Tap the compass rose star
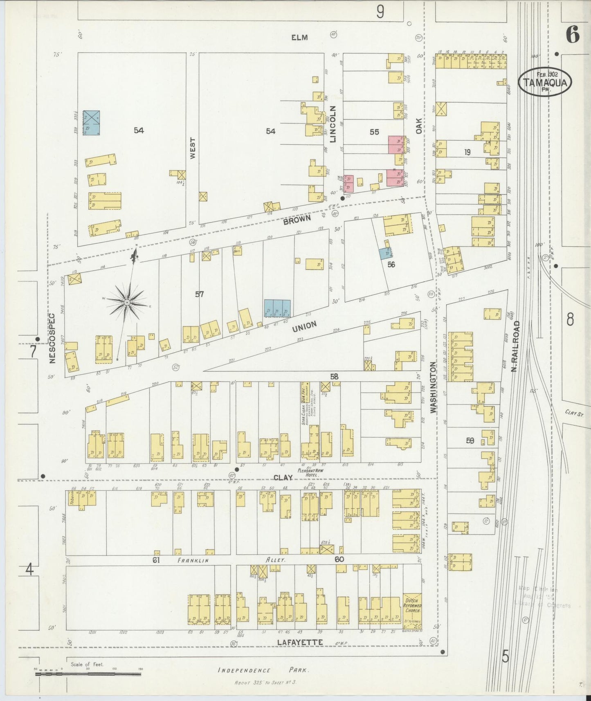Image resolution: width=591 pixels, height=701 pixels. [x=127, y=302]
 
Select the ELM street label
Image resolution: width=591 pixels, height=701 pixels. [x=299, y=38]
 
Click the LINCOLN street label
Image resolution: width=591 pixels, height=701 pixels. [x=333, y=124]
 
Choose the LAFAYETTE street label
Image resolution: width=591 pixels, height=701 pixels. [x=299, y=643]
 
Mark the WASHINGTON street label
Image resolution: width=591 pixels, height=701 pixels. [x=433, y=387]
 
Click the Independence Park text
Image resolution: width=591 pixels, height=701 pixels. [x=263, y=670]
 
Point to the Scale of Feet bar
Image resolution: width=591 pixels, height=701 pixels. [x=88, y=674]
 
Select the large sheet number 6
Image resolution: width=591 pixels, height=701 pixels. [x=572, y=36]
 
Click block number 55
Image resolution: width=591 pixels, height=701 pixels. [x=374, y=132]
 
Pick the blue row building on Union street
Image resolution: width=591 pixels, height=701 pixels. [x=277, y=308]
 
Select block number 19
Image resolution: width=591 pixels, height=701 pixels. [x=467, y=152]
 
